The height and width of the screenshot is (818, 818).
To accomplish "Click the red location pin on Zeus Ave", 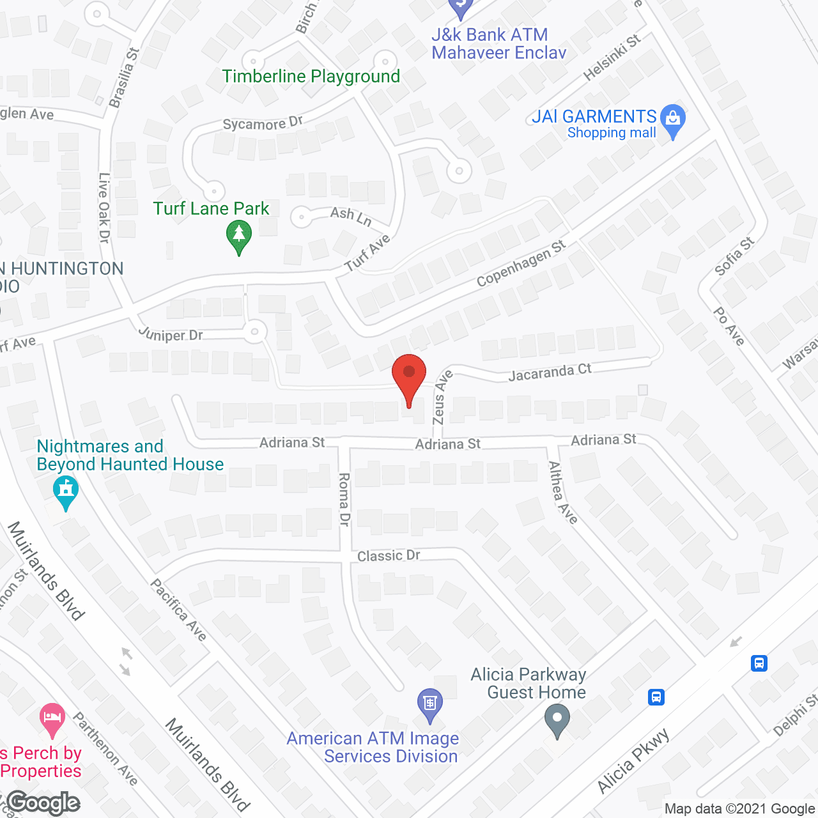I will coord(409,377).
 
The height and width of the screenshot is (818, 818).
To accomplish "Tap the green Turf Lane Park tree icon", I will coord(239,236).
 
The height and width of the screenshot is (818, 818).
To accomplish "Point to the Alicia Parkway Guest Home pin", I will coord(557,720).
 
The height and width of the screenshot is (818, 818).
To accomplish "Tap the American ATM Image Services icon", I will coord(430,705).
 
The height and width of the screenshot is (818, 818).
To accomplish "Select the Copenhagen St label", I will coord(521,263).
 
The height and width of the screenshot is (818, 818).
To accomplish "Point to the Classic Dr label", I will coord(389,555).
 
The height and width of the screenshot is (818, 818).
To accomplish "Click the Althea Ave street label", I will coord(563,493).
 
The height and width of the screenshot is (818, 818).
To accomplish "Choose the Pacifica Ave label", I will coord(179,610).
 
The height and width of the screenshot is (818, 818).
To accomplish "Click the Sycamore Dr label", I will coord(263,123).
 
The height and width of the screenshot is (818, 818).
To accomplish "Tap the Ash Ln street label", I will coord(351,216).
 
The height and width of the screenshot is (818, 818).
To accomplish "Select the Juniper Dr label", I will coord(171,334).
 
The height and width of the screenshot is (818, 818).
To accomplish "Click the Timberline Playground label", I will coord(311,77).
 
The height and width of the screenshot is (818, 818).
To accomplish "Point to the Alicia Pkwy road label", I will coord(633,761).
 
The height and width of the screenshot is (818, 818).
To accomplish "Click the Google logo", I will coord(43,803).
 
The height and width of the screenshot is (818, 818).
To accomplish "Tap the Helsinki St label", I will coord(612,58).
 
